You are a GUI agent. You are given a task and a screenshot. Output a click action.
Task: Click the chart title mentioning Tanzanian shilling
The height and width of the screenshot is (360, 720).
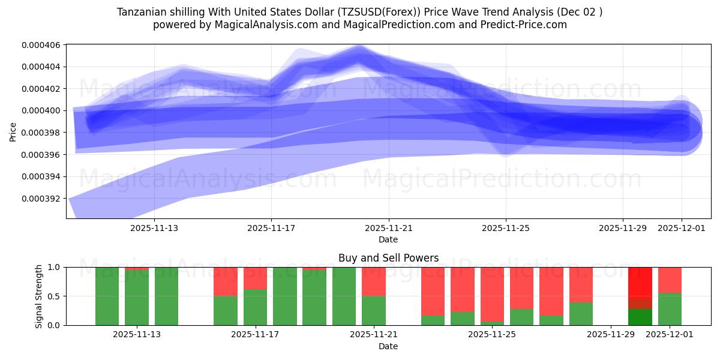click(360, 12)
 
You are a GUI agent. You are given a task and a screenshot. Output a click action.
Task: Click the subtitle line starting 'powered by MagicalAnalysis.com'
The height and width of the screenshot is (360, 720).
click(360, 25)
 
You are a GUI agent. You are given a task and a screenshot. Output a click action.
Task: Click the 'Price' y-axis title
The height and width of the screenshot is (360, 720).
click(13, 131)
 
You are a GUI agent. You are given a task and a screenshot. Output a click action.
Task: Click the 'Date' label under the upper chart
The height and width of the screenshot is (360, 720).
click(388, 239)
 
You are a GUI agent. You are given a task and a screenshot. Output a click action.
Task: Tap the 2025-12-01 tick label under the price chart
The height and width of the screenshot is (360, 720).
click(682, 228)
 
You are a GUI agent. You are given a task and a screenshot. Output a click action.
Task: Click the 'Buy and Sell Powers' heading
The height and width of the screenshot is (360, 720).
click(388, 258)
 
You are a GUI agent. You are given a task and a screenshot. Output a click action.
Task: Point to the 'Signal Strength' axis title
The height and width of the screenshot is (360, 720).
click(40, 296)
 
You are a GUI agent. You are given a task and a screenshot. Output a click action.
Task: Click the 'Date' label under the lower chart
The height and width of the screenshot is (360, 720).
click(388, 346)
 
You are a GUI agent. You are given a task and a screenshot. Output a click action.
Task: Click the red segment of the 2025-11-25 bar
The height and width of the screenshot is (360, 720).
click(492, 294)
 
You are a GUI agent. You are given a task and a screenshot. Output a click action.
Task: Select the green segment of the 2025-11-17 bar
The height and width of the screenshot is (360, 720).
click(255, 307)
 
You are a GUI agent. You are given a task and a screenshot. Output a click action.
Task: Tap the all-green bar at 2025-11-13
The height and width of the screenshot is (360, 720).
click(166, 296)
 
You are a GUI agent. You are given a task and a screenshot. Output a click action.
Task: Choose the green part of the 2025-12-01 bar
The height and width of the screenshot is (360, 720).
click(670, 309)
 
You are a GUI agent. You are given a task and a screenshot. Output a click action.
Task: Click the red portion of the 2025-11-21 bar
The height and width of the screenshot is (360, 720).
click(374, 281)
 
